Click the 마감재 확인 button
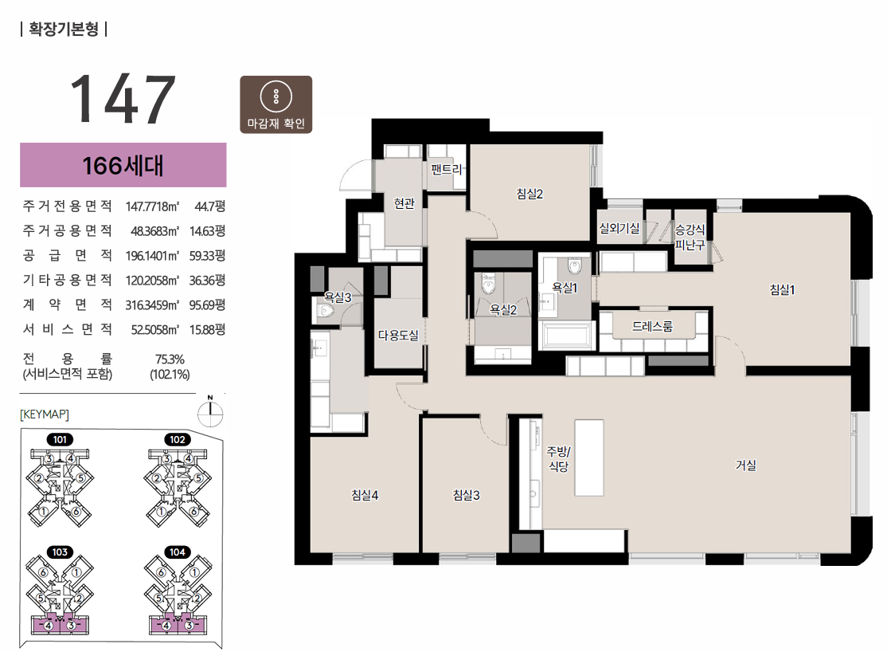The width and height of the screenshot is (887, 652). click(276, 104)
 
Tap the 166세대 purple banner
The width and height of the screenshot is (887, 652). click(123, 165)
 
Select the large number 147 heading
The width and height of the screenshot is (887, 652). click(123, 99)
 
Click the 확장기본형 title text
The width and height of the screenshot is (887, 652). click(64, 29)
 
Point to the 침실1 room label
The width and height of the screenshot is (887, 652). click(783, 289)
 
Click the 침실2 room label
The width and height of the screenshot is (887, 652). click(529, 194)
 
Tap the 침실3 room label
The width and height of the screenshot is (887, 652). click(466, 495)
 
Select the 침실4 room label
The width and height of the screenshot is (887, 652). click(365, 495)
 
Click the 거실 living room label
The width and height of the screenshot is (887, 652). click(745, 465)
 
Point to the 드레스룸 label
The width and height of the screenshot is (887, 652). click(652, 326)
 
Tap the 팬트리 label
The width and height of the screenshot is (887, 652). click(447, 169)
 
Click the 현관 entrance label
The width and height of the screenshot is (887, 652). click(404, 202)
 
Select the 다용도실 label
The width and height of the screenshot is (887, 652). click(398, 336)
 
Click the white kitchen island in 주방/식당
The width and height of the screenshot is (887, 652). click(589, 458)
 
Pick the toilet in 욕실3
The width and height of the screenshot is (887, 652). click(327, 310)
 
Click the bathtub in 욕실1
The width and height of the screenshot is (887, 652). click(565, 336)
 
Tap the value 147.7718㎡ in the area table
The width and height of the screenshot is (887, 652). click(152, 206)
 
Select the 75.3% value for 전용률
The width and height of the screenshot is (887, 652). click(170, 359)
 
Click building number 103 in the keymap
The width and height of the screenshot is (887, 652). click(60, 552)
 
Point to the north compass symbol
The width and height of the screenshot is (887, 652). click(210, 412)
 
